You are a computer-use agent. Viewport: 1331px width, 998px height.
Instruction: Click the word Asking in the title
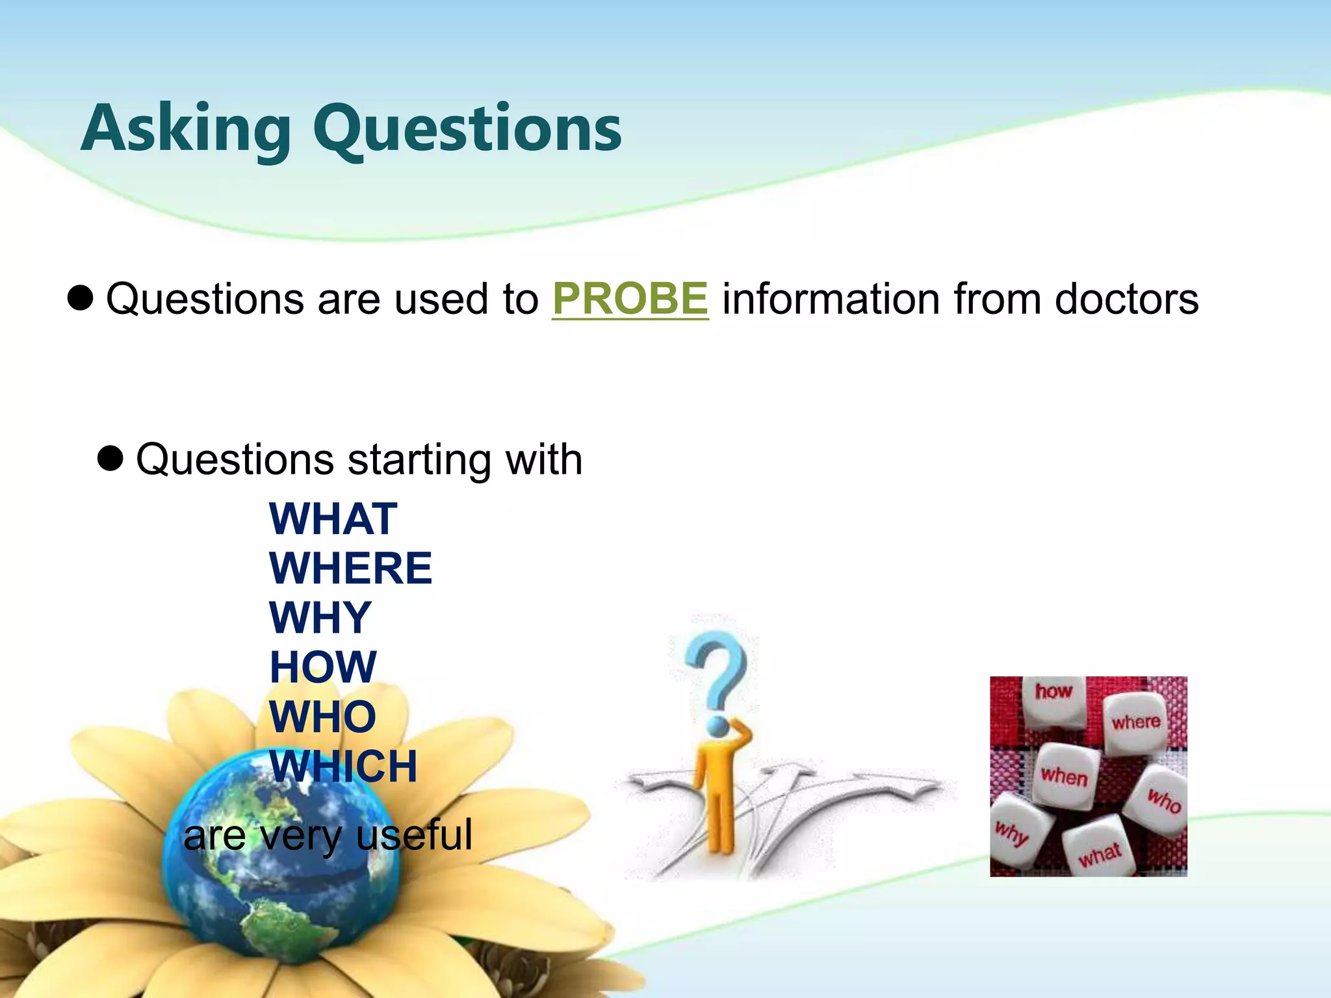coord(185,130)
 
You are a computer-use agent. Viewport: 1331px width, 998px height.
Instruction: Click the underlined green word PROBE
coord(630,299)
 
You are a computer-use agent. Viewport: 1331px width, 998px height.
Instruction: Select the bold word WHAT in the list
coord(333,519)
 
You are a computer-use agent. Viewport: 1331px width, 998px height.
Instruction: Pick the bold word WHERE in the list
coord(350,569)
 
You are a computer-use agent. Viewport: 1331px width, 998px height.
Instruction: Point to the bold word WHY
coord(320,618)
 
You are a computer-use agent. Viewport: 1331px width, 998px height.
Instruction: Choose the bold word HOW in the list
coord(323,667)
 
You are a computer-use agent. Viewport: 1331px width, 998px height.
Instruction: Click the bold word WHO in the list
coord(323,717)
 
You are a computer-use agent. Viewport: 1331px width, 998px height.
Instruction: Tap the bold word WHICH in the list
coord(343,767)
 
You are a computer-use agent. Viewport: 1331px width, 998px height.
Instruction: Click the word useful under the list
coord(414,835)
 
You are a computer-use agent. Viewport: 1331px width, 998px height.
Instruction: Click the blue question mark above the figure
coord(717,672)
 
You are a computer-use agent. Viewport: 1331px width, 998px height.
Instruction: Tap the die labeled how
coord(1053,700)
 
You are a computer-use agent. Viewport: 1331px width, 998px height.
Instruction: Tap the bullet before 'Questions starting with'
coord(110,459)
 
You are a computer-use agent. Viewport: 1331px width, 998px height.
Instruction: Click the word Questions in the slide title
coord(467,130)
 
